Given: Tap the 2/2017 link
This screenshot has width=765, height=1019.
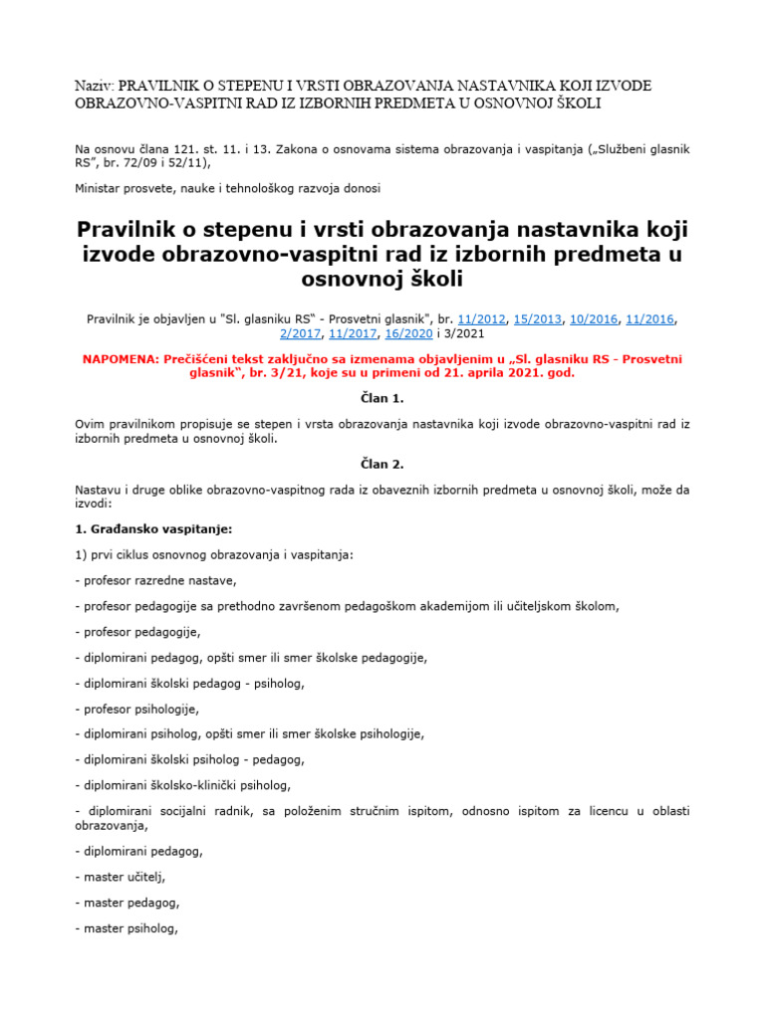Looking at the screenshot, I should coord(299,334).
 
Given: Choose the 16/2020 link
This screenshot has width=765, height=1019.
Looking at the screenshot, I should coord(405,334).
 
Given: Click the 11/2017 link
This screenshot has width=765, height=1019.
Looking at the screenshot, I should coord(352,334).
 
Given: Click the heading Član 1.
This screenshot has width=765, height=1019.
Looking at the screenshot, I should coord(382,398).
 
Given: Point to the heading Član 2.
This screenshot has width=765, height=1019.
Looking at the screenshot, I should coord(382,463).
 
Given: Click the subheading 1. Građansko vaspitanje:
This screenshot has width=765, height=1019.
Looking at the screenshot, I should coord(153,528).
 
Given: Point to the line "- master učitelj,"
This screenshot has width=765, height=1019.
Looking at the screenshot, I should coord(121,877).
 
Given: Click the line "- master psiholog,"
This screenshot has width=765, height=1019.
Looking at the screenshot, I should coord(127,929).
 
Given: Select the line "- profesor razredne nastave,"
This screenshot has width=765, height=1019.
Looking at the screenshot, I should coord(156,580).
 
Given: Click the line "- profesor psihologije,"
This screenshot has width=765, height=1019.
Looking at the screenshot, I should coord(137,710).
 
